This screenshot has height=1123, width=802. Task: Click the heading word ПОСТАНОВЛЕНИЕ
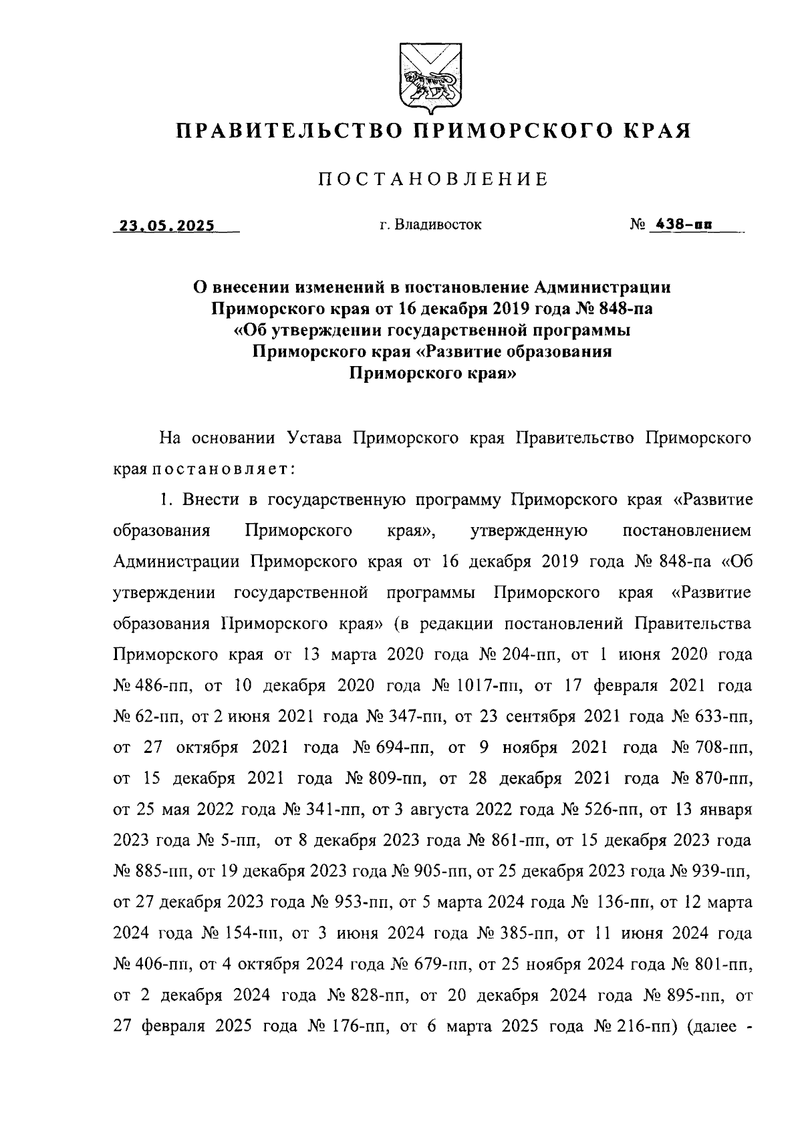[x=433, y=179]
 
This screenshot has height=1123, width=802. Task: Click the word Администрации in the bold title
[x=602, y=287]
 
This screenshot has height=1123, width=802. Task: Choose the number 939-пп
[x=722, y=872]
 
